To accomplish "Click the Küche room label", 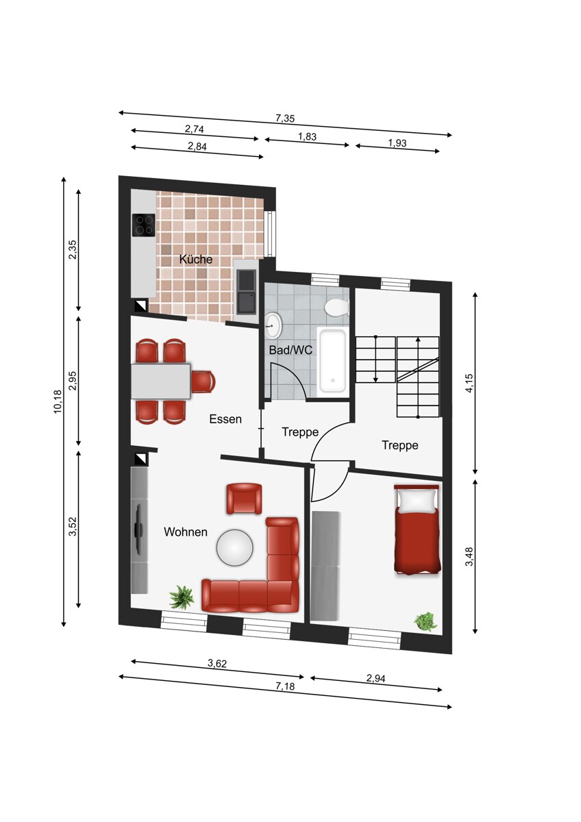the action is coord(196,259).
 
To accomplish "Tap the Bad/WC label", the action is coord(290,350).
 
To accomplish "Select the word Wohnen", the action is coord(186,532).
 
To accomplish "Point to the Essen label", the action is coord(225,419).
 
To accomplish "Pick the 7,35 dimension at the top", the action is coord(285,118).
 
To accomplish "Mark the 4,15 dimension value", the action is coord(469,383).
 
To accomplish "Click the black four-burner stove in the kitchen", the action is coord(143,225).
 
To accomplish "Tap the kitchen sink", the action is coord(246,291).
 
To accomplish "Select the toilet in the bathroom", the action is coord(337,307).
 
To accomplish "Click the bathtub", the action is coord(332,361).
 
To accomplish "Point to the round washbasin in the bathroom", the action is coord(273,325).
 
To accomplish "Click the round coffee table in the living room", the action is coord(235,547).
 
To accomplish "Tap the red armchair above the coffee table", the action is coord(245,499).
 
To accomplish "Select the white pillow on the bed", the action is coord(419,501).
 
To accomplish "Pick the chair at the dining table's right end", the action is coord(203,382).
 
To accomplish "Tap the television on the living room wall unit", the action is coord(139,529).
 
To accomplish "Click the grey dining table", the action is coord(161,382).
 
